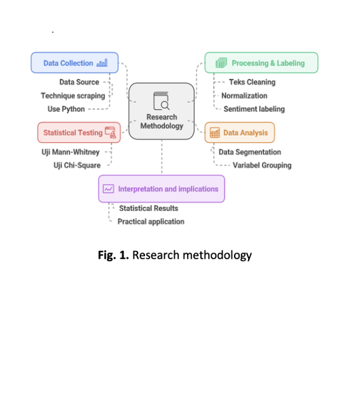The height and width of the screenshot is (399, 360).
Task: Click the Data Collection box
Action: tap(74, 63)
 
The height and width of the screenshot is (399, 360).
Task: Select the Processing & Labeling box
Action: tap(261, 63)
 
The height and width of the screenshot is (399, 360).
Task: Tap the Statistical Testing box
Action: tap(79, 133)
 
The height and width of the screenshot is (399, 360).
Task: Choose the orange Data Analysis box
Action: tap(240, 133)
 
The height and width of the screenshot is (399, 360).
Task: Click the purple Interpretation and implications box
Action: tap(162, 189)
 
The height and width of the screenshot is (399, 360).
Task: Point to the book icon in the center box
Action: tap(162, 101)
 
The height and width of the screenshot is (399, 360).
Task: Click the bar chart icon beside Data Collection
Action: tap(102, 63)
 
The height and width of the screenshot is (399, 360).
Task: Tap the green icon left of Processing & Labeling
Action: tap(221, 63)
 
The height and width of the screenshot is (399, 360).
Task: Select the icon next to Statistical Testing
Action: tap(111, 133)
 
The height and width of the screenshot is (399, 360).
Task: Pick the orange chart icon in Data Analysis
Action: tap(215, 133)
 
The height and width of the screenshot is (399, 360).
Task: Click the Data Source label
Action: tap(80, 82)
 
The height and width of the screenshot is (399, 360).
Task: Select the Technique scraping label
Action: tap(73, 96)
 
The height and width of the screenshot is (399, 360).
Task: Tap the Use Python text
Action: tap(66, 109)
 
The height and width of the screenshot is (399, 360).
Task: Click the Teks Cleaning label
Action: tap(253, 82)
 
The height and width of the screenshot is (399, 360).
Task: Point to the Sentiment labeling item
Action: tap(254, 109)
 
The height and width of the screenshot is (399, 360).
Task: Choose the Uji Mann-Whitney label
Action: tap(71, 152)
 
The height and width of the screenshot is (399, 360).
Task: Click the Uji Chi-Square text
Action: tap(77, 165)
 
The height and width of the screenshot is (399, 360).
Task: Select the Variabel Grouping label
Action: tap(262, 165)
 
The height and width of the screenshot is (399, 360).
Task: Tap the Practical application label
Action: tap(151, 222)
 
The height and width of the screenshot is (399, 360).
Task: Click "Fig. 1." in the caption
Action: tap(113, 255)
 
